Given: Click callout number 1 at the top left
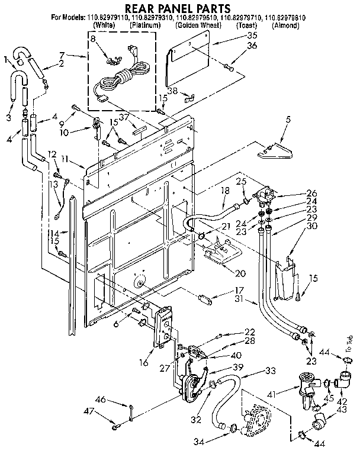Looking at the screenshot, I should (6, 59).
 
